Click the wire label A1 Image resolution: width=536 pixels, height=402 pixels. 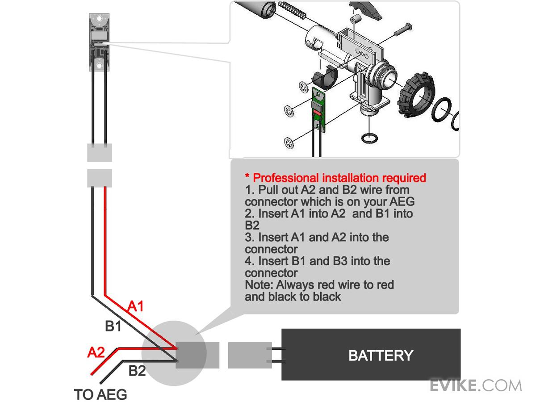tap(136, 306)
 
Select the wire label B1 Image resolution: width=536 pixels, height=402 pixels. tap(113, 327)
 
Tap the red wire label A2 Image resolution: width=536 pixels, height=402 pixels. tap(96, 353)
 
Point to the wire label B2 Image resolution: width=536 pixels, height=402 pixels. tap(137, 371)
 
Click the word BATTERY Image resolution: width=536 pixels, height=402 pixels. tap(381, 356)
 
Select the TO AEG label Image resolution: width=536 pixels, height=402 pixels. tap(100, 395)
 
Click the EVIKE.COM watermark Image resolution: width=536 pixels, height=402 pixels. tap(476, 385)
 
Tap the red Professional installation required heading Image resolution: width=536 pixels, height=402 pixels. tap(335, 178)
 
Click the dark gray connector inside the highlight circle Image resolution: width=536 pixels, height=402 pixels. tap(190, 356)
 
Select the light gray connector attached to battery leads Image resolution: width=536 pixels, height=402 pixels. tap(244, 356)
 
